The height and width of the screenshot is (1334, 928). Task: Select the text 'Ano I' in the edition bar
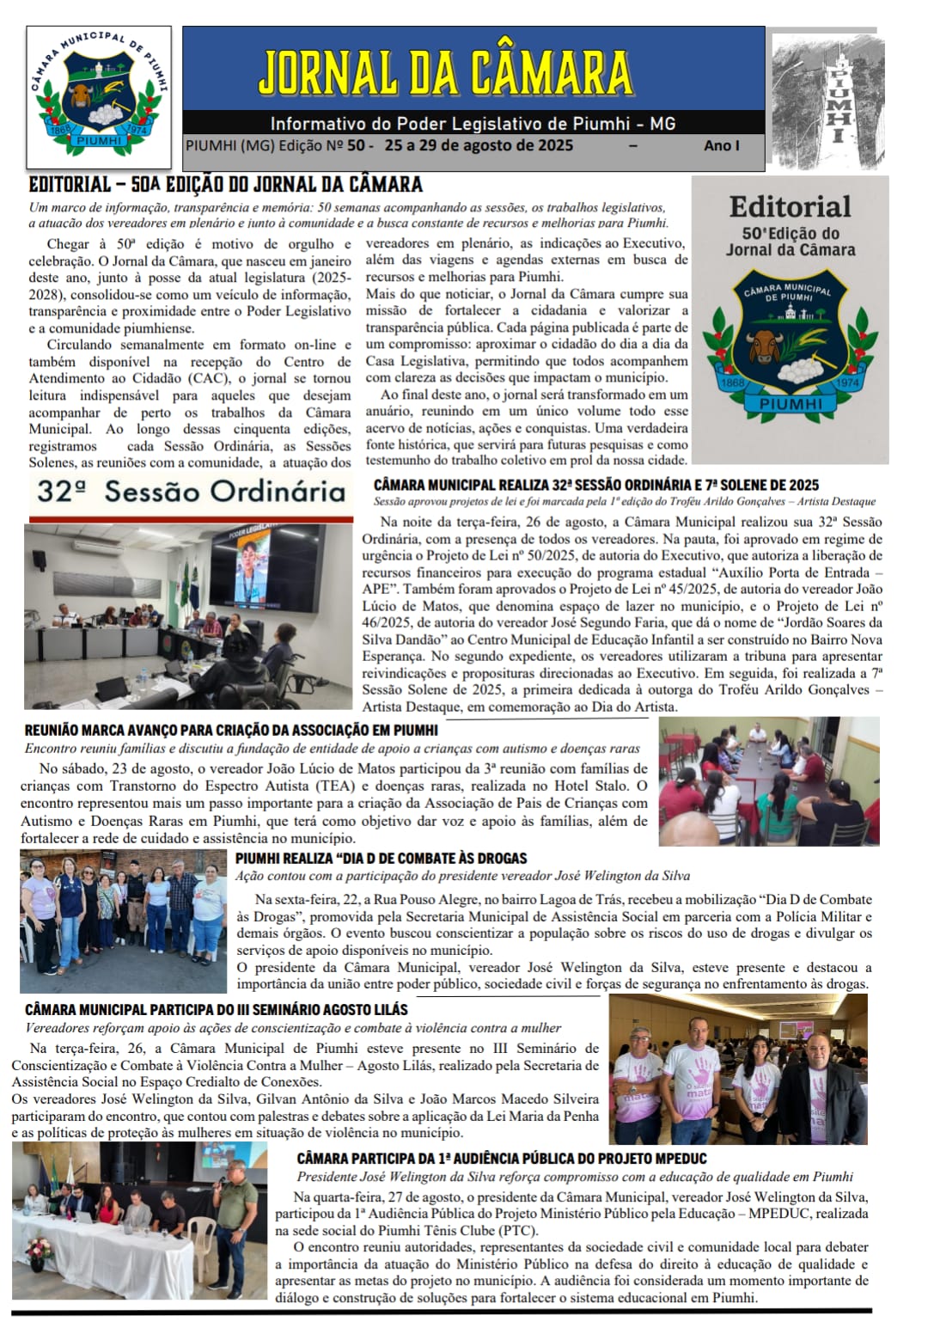click(721, 145)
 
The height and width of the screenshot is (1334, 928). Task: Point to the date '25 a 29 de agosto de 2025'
click(479, 145)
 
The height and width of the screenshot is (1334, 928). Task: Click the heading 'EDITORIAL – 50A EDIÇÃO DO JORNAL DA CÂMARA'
click(225, 185)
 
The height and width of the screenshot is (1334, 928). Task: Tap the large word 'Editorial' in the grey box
click(790, 207)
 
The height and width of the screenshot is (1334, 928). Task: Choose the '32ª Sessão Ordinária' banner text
click(191, 492)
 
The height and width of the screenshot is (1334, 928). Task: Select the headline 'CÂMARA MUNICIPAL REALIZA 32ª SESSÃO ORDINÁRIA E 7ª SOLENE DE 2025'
click(596, 485)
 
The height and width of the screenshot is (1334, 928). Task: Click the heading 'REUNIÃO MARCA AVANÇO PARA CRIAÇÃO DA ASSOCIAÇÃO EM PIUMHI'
click(231, 731)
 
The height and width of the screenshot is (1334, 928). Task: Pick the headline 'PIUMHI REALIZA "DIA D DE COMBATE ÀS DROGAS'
click(381, 858)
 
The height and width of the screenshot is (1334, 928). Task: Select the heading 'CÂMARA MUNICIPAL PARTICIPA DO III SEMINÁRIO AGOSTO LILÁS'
click(217, 1010)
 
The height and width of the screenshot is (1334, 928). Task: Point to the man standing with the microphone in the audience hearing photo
click(235, 1225)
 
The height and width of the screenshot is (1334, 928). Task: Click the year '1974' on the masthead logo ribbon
click(137, 129)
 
